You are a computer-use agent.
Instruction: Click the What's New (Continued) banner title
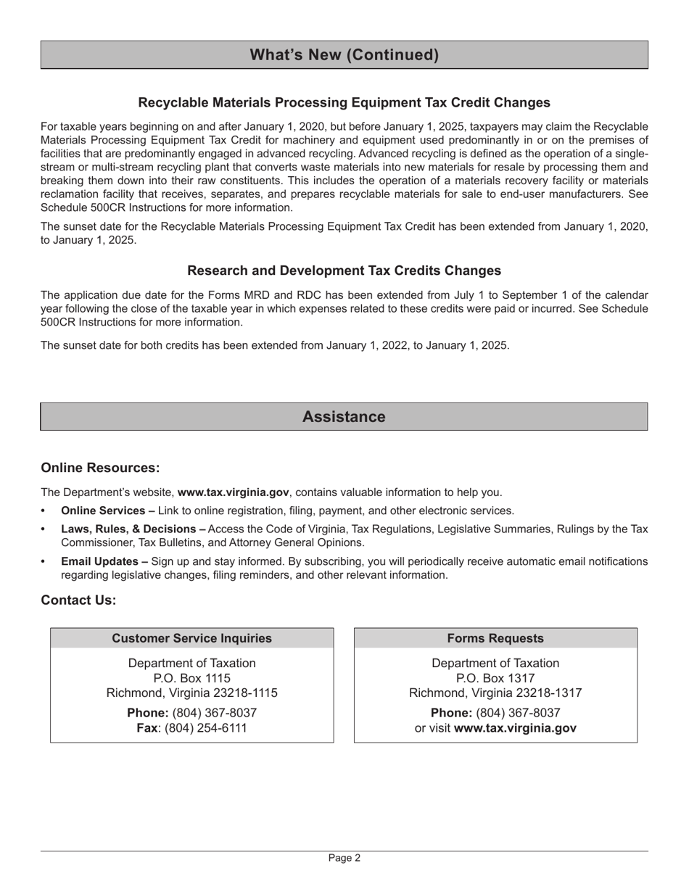(344, 55)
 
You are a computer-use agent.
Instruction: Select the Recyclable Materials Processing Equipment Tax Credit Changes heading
(344, 102)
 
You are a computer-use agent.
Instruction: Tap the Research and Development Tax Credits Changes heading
(344, 271)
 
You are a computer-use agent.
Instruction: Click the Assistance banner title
(344, 417)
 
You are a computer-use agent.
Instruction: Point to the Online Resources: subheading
(100, 468)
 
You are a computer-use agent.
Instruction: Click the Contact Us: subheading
(78, 600)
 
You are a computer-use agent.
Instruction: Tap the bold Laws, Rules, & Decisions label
(133, 529)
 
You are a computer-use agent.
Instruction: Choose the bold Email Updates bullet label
(104, 561)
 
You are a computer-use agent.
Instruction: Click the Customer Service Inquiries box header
(191, 638)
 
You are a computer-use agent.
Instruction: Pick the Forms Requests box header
(495, 638)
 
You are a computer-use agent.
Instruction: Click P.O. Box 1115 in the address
(191, 678)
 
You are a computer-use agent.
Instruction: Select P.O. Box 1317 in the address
(495, 678)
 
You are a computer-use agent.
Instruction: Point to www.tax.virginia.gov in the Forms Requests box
(515, 728)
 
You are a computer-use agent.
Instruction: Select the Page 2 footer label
(344, 858)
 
